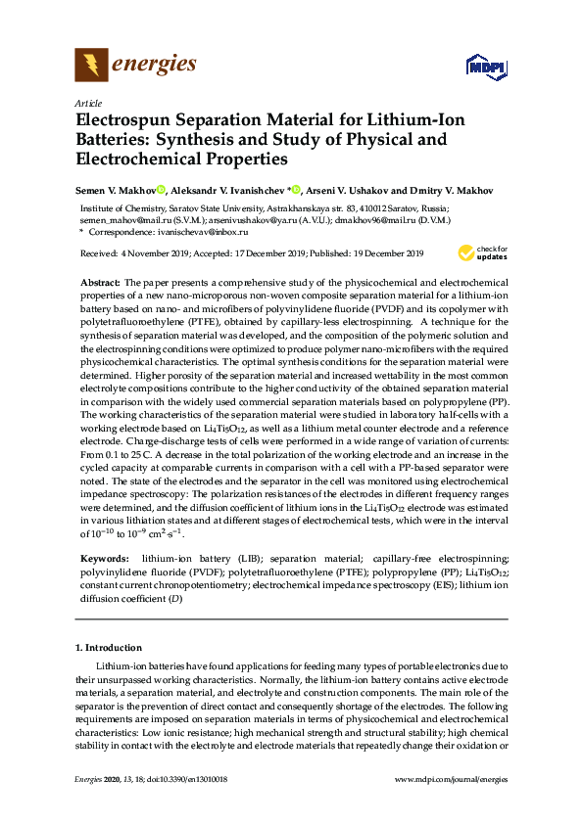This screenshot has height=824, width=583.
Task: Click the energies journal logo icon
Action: click(92, 66)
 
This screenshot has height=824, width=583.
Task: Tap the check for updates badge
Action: click(480, 254)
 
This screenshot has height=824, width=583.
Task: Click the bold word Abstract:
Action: click(100, 281)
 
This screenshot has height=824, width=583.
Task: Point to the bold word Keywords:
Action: click(103, 557)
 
